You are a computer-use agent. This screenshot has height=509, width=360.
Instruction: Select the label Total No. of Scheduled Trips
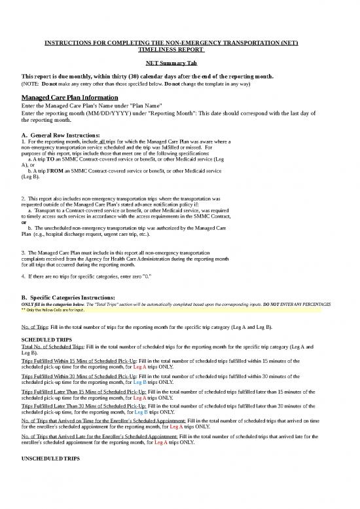pos(50,347)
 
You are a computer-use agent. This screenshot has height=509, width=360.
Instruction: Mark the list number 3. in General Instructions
pos(24,252)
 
